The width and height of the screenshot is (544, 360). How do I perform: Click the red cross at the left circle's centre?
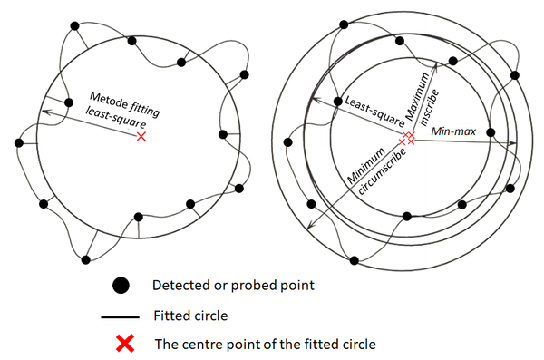pos(141,136)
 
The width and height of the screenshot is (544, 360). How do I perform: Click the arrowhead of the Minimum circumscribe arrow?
pos(311,228)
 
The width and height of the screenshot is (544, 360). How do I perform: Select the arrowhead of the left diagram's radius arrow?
pos(41,113)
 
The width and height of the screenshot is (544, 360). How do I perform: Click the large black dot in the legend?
pos(121,286)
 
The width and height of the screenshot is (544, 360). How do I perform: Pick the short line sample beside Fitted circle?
pos(121,317)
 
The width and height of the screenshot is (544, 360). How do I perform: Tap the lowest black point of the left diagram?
pos(85,259)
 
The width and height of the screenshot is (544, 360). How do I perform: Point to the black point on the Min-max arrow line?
pos(490,132)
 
